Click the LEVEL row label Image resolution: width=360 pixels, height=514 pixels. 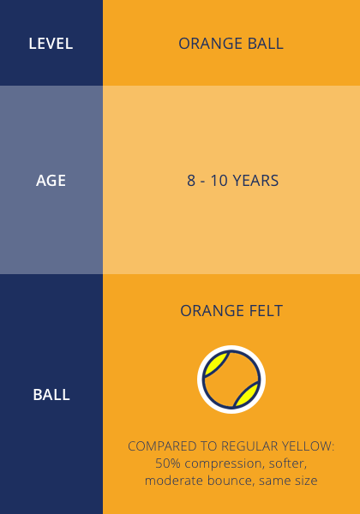[x=51, y=44]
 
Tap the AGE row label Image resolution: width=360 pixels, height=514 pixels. [x=51, y=181]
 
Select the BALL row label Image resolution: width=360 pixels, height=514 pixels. [x=51, y=395]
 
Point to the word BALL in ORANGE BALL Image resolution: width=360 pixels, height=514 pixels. [x=266, y=44]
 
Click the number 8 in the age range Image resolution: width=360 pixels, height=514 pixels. [x=191, y=181]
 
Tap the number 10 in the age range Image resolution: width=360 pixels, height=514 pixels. [x=219, y=181]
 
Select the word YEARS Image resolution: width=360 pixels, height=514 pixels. [x=255, y=181]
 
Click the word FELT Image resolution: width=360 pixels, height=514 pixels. [x=266, y=311]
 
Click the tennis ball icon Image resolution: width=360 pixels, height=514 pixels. [x=231, y=380]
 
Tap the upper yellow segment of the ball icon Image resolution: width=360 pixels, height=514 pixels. [x=215, y=364]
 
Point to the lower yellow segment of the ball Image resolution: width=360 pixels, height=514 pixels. [x=248, y=395]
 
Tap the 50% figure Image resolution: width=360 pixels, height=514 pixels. [x=168, y=463]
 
